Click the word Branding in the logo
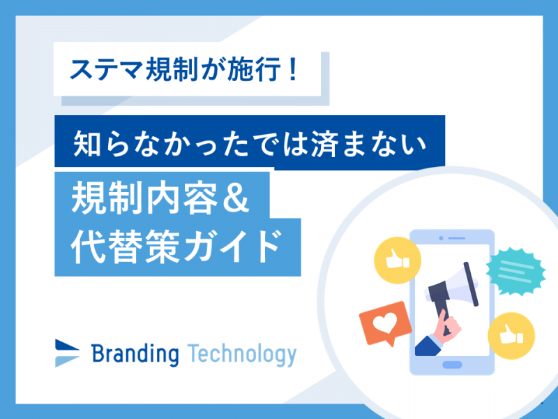pyautogui.click(x=135, y=354)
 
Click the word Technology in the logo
pyautogui.click(x=241, y=355)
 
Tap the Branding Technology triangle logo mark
pyautogui.click(x=67, y=353)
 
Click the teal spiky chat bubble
pyautogui.click(x=515, y=272)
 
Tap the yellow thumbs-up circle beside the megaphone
pyautogui.click(x=398, y=260)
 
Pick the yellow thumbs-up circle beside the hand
pyautogui.click(x=511, y=336)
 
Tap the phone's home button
pyautogui.click(x=452, y=365)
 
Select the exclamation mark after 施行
pyautogui.click(x=293, y=68)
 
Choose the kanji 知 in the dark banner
pyautogui.click(x=86, y=143)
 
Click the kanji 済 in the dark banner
pyautogui.click(x=324, y=143)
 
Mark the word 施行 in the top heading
pyautogui.click(x=254, y=69)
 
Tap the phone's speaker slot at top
pyautogui.click(x=457, y=238)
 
